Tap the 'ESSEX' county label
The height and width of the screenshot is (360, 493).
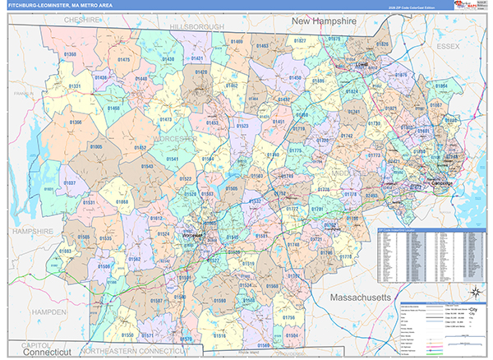pos(449,47)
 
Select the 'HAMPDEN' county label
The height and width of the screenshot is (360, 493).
pos(50,312)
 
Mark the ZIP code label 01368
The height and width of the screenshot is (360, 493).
pos(69,54)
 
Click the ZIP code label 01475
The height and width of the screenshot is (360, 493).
pos(124,59)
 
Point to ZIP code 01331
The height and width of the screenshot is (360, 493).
pos(75,85)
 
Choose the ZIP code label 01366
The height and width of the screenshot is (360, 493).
pos(76,122)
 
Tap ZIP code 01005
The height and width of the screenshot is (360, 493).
pos(96,145)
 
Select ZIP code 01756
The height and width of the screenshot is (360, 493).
pos(288,316)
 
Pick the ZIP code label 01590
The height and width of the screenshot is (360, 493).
pos(219,301)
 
